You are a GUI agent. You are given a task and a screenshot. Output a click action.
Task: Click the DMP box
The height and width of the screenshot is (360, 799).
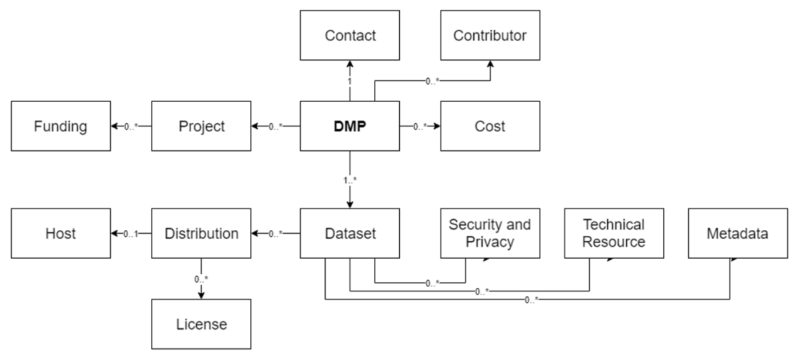pyautogui.click(x=350, y=126)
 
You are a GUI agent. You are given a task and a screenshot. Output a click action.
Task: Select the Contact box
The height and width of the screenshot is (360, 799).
pyautogui.click(x=350, y=35)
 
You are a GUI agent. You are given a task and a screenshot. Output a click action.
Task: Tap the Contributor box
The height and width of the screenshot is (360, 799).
pyautogui.click(x=489, y=35)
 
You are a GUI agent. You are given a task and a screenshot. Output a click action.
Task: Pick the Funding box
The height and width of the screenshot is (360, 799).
pyautogui.click(x=61, y=126)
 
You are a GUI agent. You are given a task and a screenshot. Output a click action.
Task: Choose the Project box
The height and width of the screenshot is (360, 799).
pyautogui.click(x=201, y=126)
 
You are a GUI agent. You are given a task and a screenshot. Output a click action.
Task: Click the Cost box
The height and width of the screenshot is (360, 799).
pyautogui.click(x=489, y=126)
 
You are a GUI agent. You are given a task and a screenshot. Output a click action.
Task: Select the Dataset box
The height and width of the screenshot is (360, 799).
pyautogui.click(x=350, y=234)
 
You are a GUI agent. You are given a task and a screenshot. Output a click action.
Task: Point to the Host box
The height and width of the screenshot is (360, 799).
pyautogui.click(x=61, y=234)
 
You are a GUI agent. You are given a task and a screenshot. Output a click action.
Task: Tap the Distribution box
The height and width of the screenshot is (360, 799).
pyautogui.click(x=201, y=234)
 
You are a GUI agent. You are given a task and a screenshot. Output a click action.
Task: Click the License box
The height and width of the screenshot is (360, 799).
pyautogui.click(x=201, y=324)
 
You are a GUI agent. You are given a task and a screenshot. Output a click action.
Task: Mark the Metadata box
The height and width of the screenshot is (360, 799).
pyautogui.click(x=738, y=234)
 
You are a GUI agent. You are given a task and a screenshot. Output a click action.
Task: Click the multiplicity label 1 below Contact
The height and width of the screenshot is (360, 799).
pyautogui.click(x=350, y=81)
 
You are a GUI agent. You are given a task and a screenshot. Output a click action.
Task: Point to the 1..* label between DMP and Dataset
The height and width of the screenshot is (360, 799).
pyautogui.click(x=350, y=180)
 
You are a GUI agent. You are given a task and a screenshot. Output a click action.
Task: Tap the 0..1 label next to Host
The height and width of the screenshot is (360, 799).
pyautogui.click(x=131, y=234)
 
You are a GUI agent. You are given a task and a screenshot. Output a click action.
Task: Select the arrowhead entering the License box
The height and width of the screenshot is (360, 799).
pyautogui.click(x=201, y=295)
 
